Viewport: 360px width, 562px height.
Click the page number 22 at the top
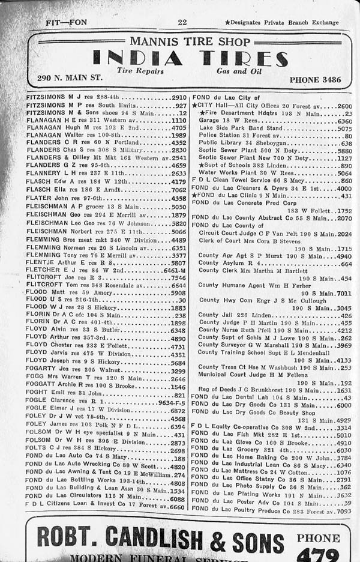point(182,22)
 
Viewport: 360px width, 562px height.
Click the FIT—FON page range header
point(67,23)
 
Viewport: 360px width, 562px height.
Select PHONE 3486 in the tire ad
point(315,79)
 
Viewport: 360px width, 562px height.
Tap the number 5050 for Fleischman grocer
point(179,207)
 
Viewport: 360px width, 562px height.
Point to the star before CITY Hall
point(194,106)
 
